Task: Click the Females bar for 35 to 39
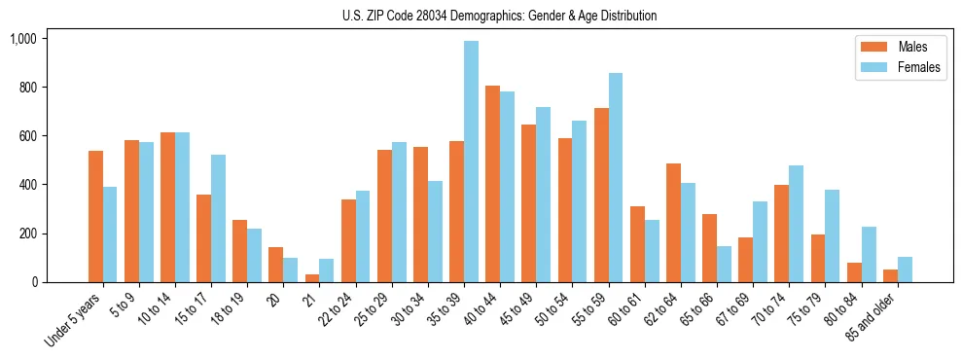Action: tap(471, 162)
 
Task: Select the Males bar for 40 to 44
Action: tap(492, 184)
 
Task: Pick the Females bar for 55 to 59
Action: tap(616, 178)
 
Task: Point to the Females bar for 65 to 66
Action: tap(724, 265)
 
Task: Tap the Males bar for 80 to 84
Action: tap(854, 272)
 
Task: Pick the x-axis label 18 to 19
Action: tap(234, 310)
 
